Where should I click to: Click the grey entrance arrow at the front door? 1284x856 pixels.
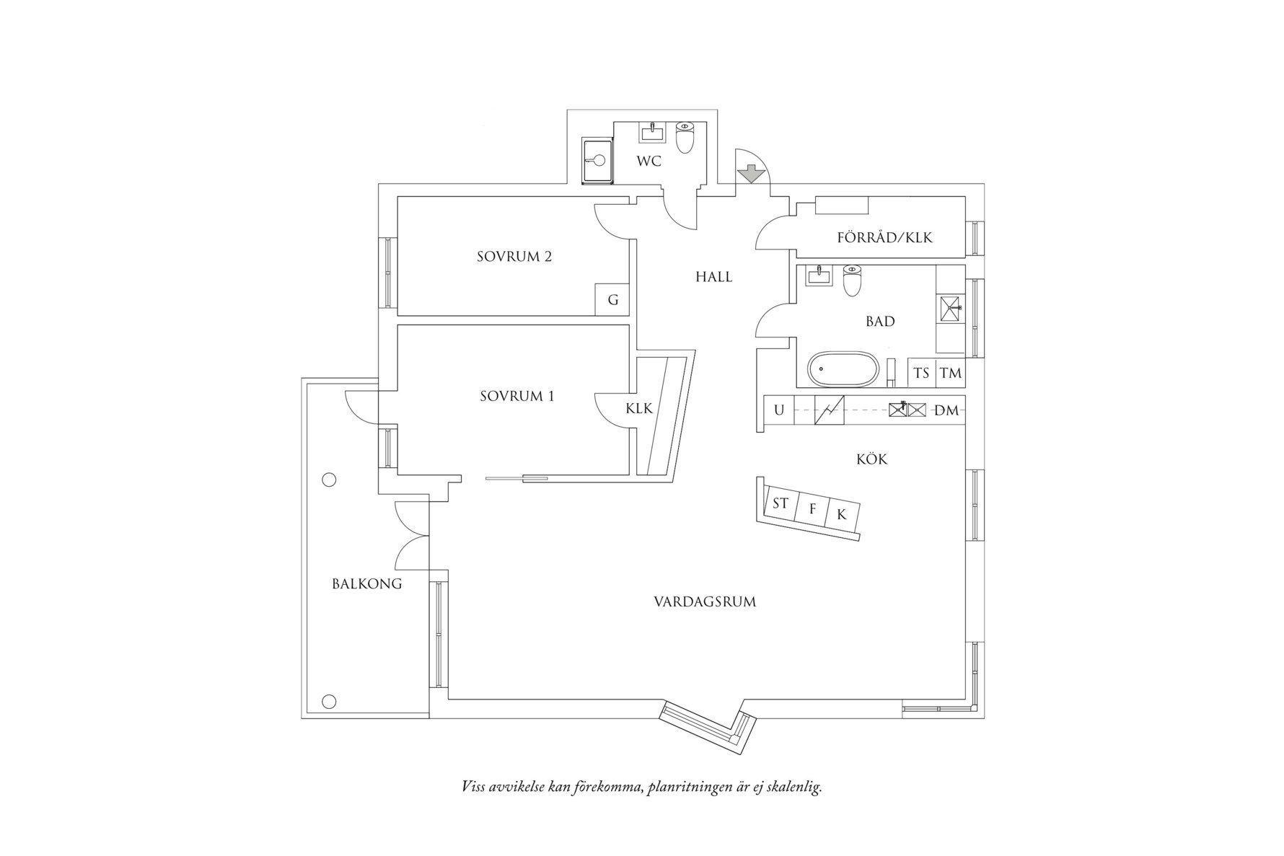(x=752, y=174)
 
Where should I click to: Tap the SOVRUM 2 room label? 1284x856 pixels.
(x=514, y=257)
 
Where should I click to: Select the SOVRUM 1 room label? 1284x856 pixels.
(x=517, y=396)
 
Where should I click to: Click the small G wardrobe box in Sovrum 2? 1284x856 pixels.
(x=612, y=300)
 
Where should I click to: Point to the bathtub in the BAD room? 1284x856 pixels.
(x=843, y=369)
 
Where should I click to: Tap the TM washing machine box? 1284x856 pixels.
(x=951, y=374)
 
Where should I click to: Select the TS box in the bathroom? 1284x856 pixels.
(x=921, y=374)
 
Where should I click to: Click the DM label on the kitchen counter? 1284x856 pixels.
(x=946, y=411)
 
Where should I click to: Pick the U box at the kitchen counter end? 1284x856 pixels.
(x=779, y=410)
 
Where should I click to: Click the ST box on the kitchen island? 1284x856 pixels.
(x=780, y=503)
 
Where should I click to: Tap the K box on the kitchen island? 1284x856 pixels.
(x=841, y=516)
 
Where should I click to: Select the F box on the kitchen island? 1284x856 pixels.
(x=812, y=510)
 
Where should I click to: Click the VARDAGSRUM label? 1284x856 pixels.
(x=705, y=601)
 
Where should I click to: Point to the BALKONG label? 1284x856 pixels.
(x=366, y=584)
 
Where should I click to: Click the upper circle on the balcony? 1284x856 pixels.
(x=329, y=480)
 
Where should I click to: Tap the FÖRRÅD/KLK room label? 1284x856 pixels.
(x=884, y=237)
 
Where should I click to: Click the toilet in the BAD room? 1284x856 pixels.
(x=853, y=282)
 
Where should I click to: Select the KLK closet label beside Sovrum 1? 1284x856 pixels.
(x=639, y=409)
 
